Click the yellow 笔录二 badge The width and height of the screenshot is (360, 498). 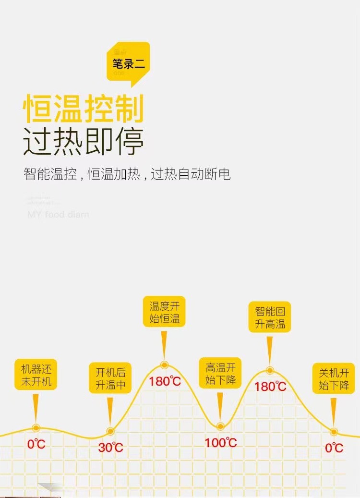point(128,64)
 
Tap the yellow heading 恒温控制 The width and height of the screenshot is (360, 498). point(84,109)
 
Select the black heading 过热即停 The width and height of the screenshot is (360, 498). point(84,141)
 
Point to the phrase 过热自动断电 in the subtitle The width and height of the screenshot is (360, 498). point(191,174)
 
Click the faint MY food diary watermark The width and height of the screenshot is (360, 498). point(58,214)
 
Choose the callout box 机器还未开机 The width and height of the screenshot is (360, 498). point(36,376)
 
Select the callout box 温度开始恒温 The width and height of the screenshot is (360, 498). point(164,312)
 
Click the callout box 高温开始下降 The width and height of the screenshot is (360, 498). point(220,374)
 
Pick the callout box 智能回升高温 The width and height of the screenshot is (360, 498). point(270,317)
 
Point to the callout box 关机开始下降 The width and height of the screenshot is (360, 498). point(334,378)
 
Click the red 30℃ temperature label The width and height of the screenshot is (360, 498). point(111,448)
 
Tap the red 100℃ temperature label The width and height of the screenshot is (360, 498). point(221,442)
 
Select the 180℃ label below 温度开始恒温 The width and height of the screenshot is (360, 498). point(165,382)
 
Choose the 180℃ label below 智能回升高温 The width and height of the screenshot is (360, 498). point(270,386)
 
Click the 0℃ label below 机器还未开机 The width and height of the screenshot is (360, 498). point(36,444)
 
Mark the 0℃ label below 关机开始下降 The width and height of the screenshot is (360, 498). point(334,448)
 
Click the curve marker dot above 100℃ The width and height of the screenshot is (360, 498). point(220,426)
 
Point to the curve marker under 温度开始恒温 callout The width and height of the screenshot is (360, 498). point(164,364)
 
